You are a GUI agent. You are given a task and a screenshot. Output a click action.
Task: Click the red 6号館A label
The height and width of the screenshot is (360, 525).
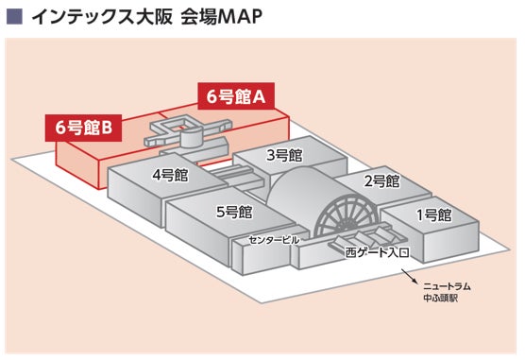(x=236, y=96)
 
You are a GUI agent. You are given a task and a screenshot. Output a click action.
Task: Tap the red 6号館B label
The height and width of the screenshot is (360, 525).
(x=83, y=128)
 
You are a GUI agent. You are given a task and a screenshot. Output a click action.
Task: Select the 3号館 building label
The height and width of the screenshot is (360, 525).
(x=284, y=155)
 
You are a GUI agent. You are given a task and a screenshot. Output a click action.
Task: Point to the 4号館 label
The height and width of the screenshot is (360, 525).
(x=170, y=175)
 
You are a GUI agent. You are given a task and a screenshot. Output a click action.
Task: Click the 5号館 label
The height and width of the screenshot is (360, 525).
(x=234, y=212)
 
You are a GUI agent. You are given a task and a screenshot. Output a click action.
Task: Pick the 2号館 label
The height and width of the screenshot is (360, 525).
(x=382, y=181)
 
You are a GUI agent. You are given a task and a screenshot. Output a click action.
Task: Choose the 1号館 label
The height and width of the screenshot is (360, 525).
(x=434, y=214)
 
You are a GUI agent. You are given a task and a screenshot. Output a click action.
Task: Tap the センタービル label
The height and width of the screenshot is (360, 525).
(x=274, y=240)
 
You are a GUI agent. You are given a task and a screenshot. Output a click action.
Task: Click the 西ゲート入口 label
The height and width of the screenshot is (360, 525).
(x=377, y=252)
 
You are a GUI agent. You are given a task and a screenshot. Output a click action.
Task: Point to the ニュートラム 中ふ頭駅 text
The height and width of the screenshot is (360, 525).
(x=447, y=292)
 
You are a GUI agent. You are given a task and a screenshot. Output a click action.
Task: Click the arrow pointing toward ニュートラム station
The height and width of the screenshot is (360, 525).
(x=409, y=276)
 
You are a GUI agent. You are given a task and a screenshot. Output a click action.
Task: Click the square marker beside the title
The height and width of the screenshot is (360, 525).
(x=14, y=16)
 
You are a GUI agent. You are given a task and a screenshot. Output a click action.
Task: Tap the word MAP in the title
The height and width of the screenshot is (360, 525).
(x=240, y=17)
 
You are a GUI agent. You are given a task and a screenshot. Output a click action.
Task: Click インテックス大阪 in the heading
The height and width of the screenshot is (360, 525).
(x=102, y=17)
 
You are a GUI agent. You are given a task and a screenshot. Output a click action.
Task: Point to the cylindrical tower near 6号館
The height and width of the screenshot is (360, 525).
(x=191, y=137)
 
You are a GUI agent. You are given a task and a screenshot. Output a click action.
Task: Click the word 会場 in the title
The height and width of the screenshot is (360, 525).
(x=199, y=17)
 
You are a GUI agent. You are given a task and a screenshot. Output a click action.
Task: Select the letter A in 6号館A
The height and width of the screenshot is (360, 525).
(x=259, y=97)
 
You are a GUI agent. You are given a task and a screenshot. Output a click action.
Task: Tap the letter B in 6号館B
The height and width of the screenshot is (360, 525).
(x=107, y=129)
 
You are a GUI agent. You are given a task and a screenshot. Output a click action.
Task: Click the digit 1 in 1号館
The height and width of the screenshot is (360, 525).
(x=420, y=215)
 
